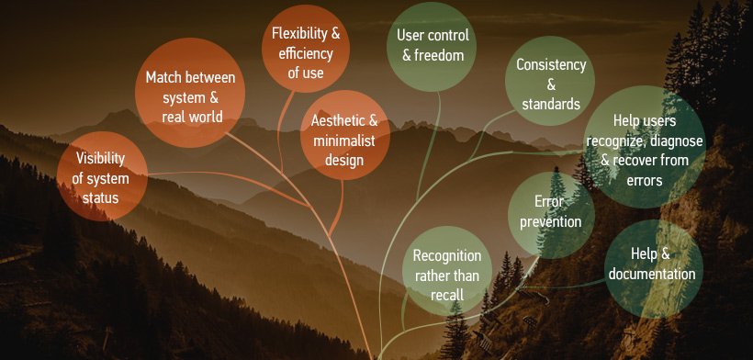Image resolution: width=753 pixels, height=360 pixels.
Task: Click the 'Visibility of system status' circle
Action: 102,176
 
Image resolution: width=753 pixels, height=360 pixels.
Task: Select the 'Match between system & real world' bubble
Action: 190,93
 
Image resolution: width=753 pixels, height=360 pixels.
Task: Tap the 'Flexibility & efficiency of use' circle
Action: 306,49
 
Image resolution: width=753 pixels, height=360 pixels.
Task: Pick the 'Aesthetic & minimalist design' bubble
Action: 345,135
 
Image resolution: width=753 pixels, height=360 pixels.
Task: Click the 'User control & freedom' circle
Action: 432,47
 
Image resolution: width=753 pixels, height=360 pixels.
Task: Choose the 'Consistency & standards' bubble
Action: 550,81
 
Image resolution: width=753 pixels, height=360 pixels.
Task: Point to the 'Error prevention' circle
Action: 551,215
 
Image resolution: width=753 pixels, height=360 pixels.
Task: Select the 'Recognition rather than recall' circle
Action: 447,271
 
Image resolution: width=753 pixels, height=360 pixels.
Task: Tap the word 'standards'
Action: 551,104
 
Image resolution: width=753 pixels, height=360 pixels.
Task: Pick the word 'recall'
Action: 447,295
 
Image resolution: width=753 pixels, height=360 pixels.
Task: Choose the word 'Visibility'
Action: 100,158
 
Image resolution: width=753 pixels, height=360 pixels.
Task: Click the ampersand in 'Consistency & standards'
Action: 551,84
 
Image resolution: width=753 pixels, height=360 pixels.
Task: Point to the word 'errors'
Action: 645,181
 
